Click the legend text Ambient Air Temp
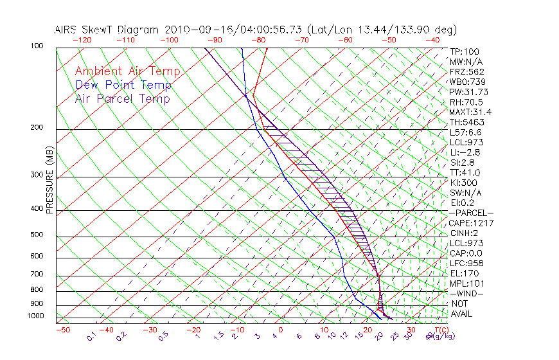127,71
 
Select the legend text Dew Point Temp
123,85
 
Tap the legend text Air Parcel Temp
122,98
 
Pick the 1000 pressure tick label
36,316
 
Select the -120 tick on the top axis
82,40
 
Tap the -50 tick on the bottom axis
62,330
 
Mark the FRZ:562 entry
467,71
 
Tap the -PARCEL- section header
472,213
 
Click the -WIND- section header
467,294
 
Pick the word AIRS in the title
67,30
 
